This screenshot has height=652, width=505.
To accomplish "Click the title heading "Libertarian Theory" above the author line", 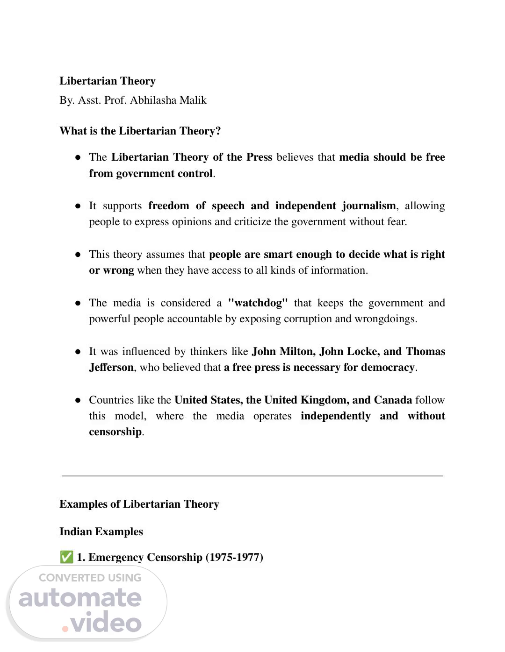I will tap(107, 81).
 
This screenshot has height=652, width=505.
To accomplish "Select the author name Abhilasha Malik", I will tap(168, 100).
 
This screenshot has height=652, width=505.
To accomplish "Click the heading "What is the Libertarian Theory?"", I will tap(140, 131).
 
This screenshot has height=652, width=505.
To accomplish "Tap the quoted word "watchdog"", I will tap(258, 303).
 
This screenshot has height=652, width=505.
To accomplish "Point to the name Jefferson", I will tap(111, 367).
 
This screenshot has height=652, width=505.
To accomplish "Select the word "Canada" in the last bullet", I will tap(393, 400).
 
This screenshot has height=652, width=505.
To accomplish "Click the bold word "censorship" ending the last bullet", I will tap(115, 432).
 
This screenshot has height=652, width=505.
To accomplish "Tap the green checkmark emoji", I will tap(66, 557).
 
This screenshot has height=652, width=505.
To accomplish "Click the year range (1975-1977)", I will tap(234, 557).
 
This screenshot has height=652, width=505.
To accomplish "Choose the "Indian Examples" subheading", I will tap(101, 532).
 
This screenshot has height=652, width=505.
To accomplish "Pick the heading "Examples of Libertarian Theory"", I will tap(139, 504).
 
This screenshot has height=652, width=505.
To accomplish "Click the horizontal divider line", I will tap(252, 475).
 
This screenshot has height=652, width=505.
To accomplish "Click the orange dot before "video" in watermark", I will tap(65, 628).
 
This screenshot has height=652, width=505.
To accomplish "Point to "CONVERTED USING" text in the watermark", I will tap(90, 578).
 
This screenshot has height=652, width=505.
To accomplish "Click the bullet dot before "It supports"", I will tap(78, 206).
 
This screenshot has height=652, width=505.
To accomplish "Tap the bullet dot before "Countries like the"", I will tap(78, 400).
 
